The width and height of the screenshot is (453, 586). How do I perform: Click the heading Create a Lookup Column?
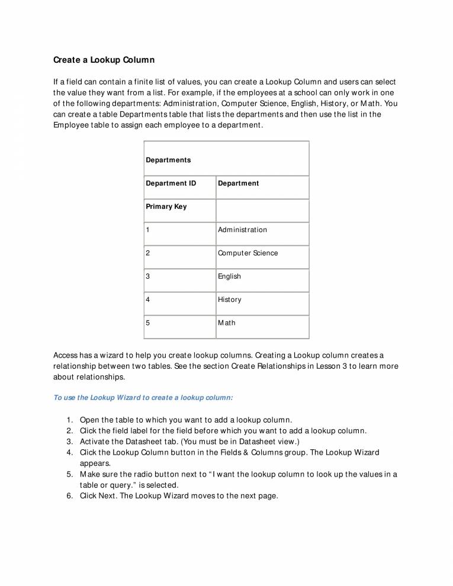point(104,60)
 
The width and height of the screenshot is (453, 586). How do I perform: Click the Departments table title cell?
point(168,160)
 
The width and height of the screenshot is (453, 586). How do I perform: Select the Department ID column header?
point(171,183)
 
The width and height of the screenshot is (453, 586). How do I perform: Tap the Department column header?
point(238,183)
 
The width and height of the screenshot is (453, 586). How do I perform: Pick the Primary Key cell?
point(166,207)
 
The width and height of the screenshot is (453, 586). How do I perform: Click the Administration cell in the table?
point(242,230)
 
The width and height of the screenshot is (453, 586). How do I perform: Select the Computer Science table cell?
point(248,253)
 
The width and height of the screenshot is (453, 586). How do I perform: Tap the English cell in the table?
point(229,276)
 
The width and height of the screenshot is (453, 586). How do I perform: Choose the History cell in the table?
point(229,300)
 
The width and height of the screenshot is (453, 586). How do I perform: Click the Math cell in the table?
point(226,323)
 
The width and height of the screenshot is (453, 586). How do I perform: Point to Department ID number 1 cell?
point(148,230)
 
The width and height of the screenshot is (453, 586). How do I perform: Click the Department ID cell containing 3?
point(148,276)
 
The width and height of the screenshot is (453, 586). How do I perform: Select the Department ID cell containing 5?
point(148,323)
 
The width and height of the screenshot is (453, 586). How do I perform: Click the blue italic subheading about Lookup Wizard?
point(143,398)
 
